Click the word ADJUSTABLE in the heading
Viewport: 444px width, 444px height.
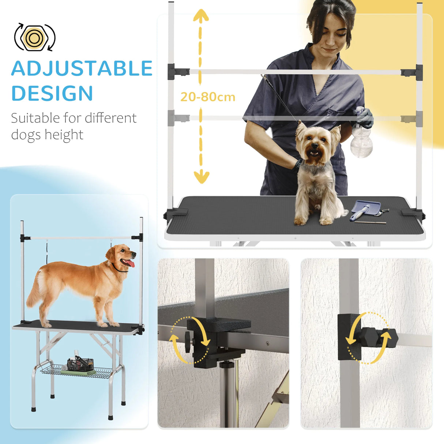82,68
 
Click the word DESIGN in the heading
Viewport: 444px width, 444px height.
52,93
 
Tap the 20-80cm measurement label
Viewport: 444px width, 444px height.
207,97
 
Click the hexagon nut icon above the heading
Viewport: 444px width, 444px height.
34,38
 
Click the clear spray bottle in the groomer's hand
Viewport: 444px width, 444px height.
361,141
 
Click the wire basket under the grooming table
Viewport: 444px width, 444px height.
77,370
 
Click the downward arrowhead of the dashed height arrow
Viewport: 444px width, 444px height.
201,177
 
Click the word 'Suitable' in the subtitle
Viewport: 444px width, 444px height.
35,118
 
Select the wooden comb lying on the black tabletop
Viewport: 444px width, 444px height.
370,222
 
